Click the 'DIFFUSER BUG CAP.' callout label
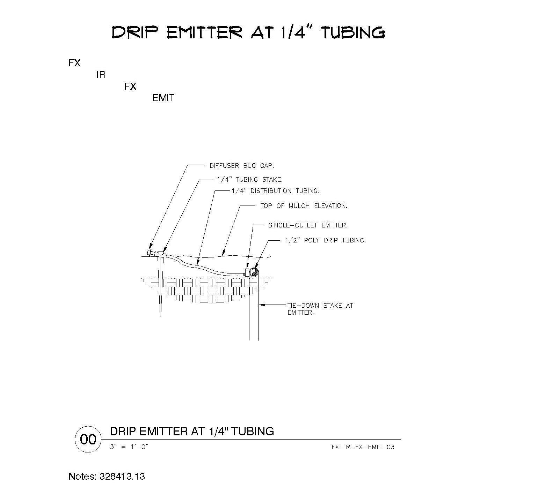click(x=242, y=166)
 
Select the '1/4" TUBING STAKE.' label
click(x=250, y=180)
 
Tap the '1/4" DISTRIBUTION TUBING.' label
click(x=276, y=191)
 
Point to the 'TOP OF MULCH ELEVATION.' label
click(x=304, y=206)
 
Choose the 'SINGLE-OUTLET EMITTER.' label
click(x=308, y=225)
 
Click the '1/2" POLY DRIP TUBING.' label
click(x=326, y=240)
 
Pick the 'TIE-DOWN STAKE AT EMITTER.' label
click(x=320, y=309)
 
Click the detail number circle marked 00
click(x=88, y=440)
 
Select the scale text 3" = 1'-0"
click(x=129, y=447)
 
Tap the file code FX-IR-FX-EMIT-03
click(x=363, y=447)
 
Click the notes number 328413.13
click(x=122, y=477)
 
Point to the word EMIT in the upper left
click(x=163, y=98)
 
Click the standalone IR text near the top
click(x=101, y=75)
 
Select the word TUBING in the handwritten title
click(x=353, y=32)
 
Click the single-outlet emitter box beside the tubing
click(x=247, y=272)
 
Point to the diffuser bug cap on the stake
click(x=150, y=252)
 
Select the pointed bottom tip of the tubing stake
click(x=160, y=316)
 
